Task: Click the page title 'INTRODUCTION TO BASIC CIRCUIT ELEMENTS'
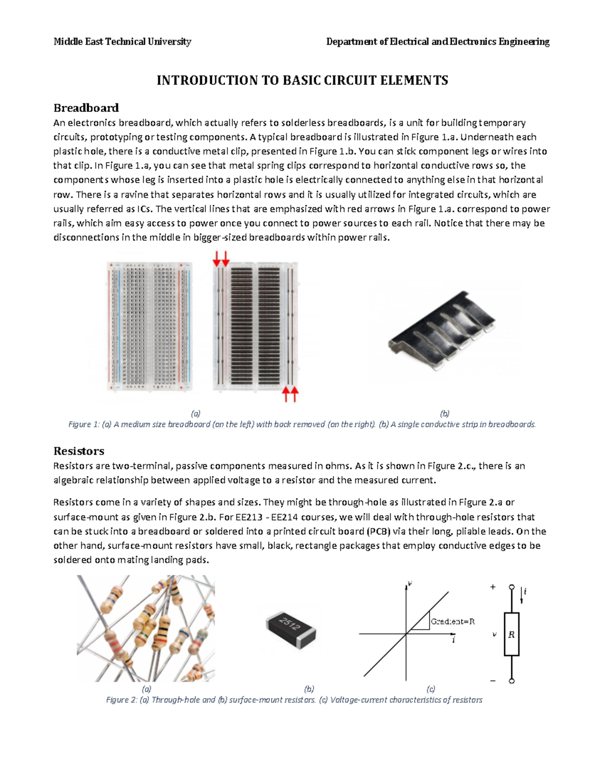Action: [x=302, y=80]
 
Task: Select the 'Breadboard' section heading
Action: [x=86, y=108]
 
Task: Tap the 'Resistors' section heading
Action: [x=79, y=451]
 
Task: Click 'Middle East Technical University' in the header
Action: [x=123, y=42]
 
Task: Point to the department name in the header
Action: [x=438, y=42]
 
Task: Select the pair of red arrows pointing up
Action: [x=290, y=394]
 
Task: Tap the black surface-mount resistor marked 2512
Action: [x=290, y=629]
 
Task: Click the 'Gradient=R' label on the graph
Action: [x=452, y=622]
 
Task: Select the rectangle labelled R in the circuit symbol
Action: [x=511, y=634]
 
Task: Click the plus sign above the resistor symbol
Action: [x=493, y=587]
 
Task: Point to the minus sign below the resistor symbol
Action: [x=493, y=681]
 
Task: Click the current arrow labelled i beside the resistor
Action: [x=523, y=594]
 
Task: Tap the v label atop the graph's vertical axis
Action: [x=410, y=583]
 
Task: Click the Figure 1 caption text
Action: [x=301, y=425]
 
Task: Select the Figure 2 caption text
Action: [x=294, y=700]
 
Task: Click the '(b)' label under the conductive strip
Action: [x=444, y=413]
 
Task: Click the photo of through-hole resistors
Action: [x=146, y=628]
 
